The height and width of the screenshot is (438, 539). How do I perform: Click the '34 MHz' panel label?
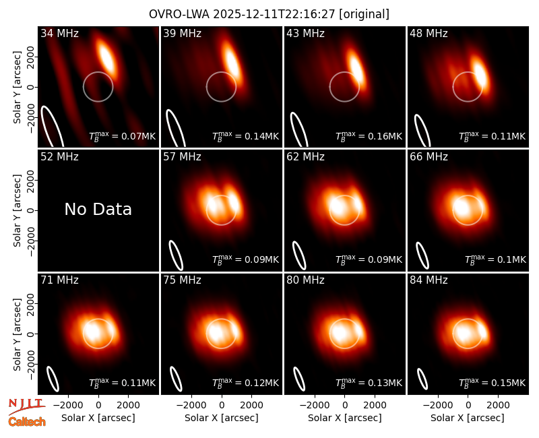coord(59,33)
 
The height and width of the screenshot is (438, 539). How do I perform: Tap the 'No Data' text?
coord(98,209)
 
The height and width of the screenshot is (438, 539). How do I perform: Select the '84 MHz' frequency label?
coord(429,280)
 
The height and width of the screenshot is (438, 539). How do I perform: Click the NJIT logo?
coord(26,406)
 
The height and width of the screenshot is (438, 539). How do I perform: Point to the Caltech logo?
coord(27,422)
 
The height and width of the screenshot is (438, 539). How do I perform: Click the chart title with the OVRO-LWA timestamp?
coord(269,14)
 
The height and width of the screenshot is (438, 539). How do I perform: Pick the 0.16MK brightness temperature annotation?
coord(369,136)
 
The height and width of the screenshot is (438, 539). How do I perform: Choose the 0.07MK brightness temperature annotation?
coord(123,136)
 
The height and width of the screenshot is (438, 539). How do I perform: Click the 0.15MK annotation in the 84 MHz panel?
coord(493,382)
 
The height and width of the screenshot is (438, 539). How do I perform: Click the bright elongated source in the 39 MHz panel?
coord(232,62)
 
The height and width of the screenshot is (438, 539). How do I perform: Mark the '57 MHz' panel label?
coord(182,157)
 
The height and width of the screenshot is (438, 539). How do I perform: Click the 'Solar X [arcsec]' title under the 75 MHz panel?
coord(222,418)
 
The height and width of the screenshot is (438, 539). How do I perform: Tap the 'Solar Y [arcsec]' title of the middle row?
coord(17,210)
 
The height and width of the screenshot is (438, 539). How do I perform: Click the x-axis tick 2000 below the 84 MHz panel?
coord(498,405)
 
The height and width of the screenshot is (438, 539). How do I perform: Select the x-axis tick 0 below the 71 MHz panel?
coord(98,405)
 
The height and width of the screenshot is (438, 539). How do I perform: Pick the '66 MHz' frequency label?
coord(429,157)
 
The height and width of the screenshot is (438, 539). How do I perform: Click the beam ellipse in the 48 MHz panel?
coord(423,131)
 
